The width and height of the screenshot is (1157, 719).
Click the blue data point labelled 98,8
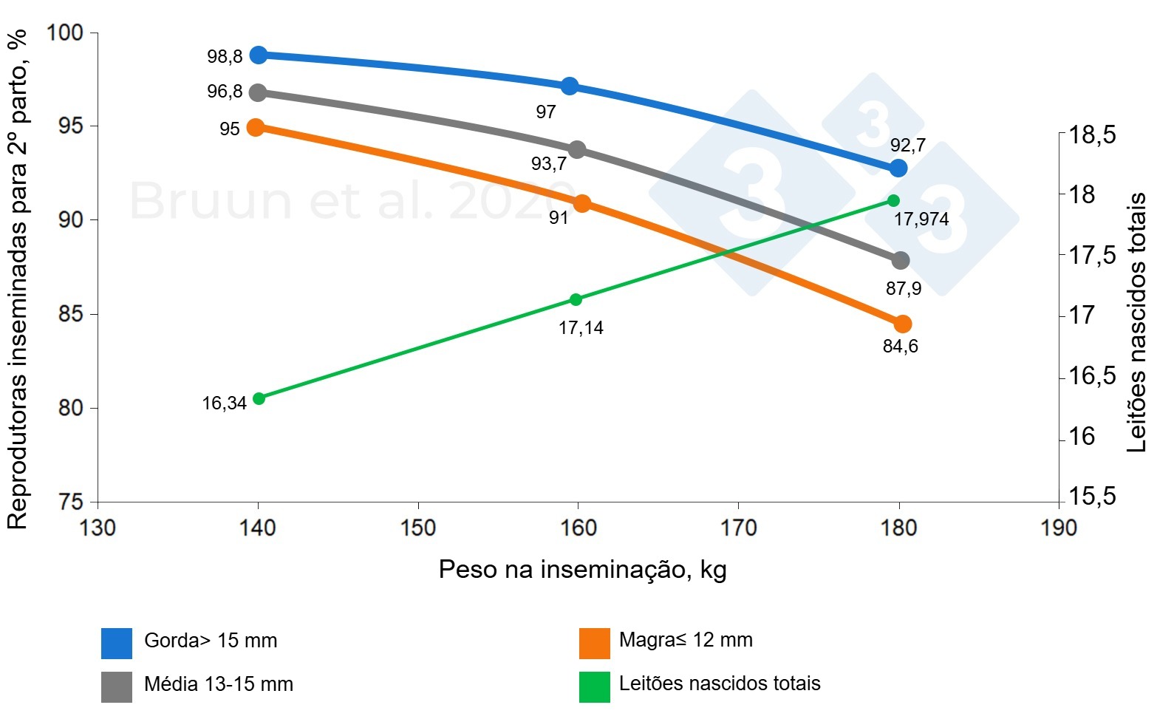pyautogui.click(x=259, y=55)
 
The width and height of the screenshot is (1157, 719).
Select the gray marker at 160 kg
pyautogui.click(x=577, y=150)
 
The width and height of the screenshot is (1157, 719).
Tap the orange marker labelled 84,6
pyautogui.click(x=902, y=324)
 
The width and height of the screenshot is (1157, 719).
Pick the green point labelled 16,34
pyautogui.click(x=259, y=398)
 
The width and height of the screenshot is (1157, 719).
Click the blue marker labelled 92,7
pyautogui.click(x=898, y=168)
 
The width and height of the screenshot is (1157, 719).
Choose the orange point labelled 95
pyautogui.click(x=256, y=127)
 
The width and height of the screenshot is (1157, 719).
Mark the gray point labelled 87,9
pyautogui.click(x=901, y=260)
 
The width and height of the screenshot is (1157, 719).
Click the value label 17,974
pyautogui.click(x=921, y=219)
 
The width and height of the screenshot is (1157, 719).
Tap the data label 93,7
pyautogui.click(x=549, y=163)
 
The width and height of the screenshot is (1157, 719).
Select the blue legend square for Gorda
pyautogui.click(x=117, y=643)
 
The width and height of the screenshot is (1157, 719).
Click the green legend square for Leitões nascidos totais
pyautogui.click(x=595, y=686)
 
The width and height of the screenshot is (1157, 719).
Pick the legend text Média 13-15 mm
pyautogui.click(x=219, y=684)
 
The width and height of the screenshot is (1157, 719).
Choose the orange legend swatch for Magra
pyautogui.click(x=595, y=643)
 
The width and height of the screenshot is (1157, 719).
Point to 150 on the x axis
pyautogui.click(x=418, y=528)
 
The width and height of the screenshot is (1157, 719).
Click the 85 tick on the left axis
pyautogui.click(x=71, y=314)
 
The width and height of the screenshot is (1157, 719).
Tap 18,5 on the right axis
pyautogui.click(x=1092, y=136)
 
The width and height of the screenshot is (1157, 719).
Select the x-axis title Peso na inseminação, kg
pyautogui.click(x=582, y=570)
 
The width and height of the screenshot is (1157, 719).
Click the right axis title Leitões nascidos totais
pyautogui.click(x=1136, y=322)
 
